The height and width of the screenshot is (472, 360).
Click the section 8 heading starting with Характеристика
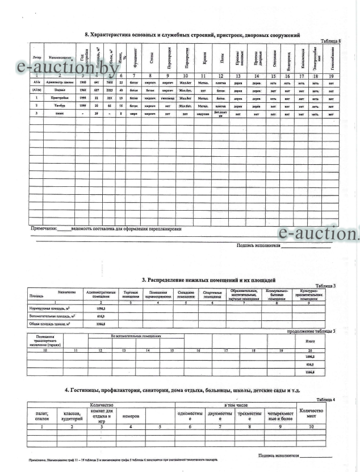pyautogui.click(x=192, y=35)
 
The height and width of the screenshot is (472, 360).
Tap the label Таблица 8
pyautogui.click(x=331, y=41)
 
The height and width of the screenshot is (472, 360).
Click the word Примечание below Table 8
pyautogui.click(x=43, y=229)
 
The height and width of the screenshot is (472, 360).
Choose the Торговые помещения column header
pyautogui.click(x=132, y=295)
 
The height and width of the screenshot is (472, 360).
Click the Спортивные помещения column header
pyautogui.click(x=212, y=295)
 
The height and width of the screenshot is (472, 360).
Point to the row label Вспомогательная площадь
pyautogui.click(x=53, y=315)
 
